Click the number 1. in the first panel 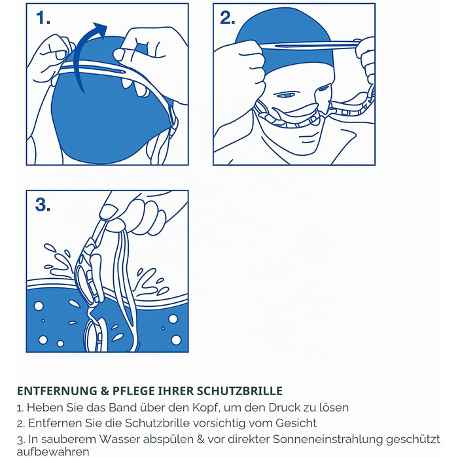click(x=43, y=18)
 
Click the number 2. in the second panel click(x=227, y=18)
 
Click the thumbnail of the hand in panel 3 click(x=107, y=211)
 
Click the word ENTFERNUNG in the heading click(x=57, y=391)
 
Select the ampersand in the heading click(x=105, y=391)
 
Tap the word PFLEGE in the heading click(x=133, y=391)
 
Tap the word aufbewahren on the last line click(x=53, y=451)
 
